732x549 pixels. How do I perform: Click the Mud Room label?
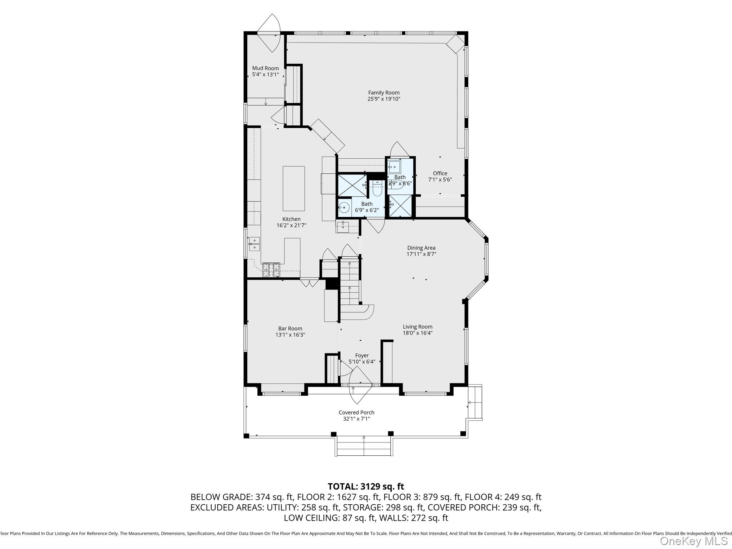265,68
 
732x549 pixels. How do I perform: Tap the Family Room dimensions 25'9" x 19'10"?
384,99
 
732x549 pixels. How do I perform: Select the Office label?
440,173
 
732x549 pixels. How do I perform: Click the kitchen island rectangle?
293,188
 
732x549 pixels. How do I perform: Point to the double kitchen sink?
254,243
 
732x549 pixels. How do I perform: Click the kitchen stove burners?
271,270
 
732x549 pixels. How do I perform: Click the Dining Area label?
421,248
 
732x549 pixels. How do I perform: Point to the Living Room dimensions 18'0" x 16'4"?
417,333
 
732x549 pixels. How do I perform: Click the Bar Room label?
290,328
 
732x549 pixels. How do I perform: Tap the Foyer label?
362,356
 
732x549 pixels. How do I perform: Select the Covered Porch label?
356,412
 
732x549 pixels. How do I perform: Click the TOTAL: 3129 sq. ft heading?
366,486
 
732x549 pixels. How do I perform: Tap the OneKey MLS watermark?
693,541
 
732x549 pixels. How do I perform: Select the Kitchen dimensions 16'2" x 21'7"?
291,226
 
